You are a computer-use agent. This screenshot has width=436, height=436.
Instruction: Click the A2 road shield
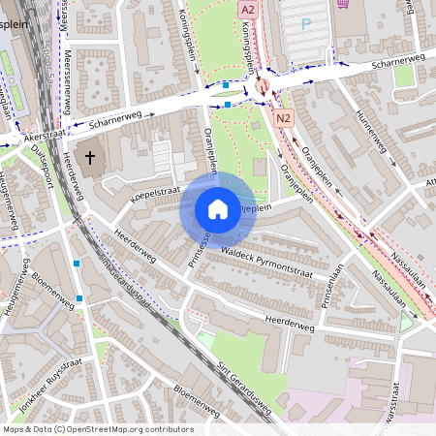click(x=247, y=8)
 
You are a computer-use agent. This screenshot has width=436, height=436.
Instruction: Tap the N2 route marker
click(x=283, y=118)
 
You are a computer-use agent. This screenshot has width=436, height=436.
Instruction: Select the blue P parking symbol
click(x=307, y=22)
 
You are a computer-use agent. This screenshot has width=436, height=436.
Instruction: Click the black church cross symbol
click(x=90, y=157)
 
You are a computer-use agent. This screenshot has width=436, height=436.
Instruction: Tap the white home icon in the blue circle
click(x=217, y=209)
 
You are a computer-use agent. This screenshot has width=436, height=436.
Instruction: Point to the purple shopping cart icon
click(x=344, y=3)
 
